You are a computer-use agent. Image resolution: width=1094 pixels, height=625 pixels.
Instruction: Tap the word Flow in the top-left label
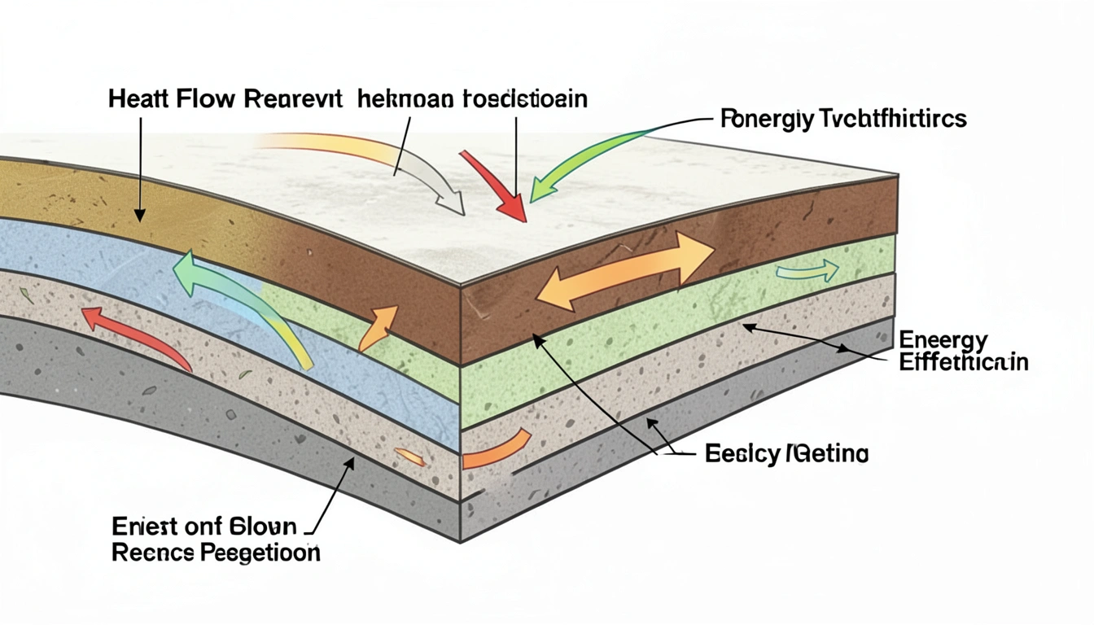[x=204, y=101]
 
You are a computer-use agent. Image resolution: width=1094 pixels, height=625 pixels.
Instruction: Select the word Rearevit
[x=287, y=101]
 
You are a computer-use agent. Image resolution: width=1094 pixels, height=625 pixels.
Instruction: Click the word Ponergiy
[x=764, y=120]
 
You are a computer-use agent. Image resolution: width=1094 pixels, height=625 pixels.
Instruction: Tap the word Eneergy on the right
[x=943, y=340]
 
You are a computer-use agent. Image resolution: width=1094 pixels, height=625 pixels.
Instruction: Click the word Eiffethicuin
[x=964, y=362]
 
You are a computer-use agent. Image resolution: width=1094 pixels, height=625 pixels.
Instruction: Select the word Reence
[x=152, y=553]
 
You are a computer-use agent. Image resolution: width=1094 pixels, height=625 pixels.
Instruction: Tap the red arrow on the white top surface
[x=495, y=185]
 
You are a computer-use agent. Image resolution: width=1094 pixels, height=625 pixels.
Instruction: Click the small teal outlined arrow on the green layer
[x=807, y=272]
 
